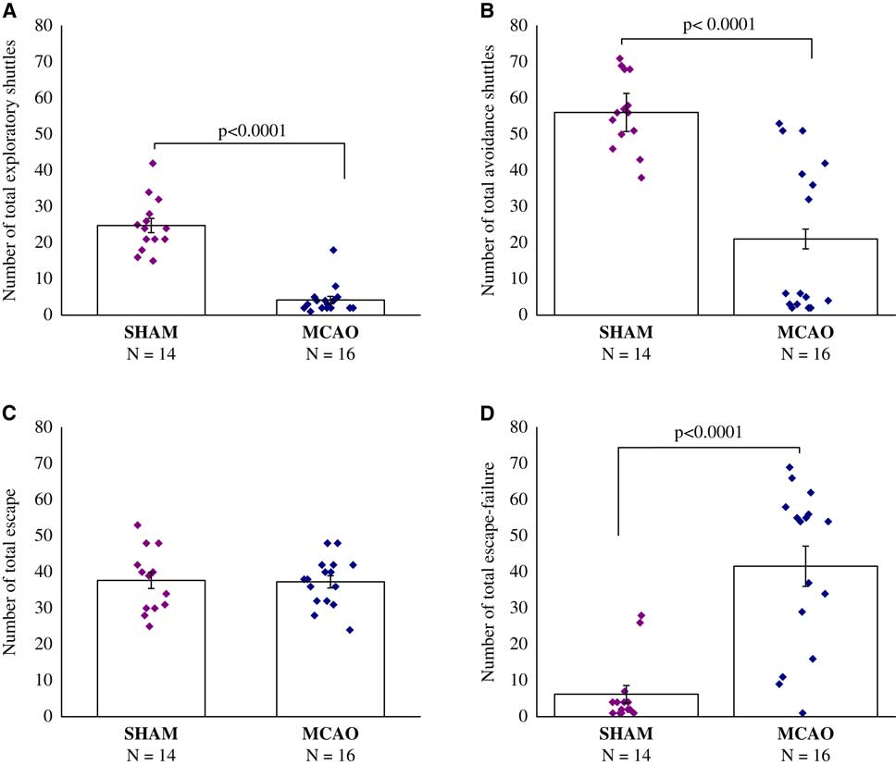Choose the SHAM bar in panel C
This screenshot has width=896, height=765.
[x=153, y=648]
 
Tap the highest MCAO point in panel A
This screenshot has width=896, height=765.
[x=333, y=250]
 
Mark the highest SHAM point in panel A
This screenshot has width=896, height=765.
[x=153, y=164]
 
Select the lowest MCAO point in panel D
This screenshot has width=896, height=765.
[x=802, y=713]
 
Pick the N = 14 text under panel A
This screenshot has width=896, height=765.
[x=153, y=352]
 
